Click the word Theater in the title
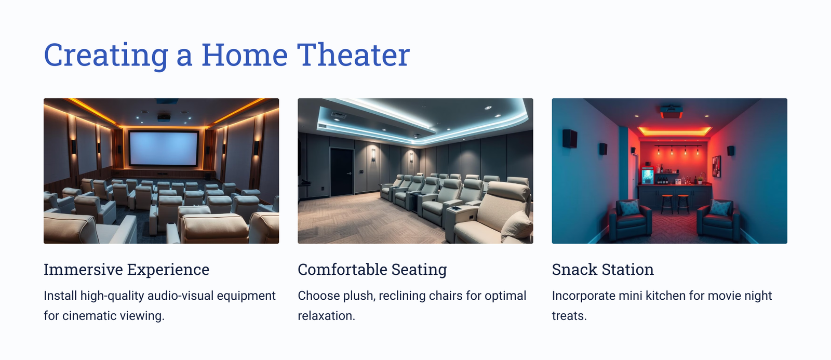coord(353,55)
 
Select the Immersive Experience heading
coord(127,270)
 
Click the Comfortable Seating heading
coord(372,270)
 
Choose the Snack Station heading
coord(603,270)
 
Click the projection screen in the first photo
coord(163,148)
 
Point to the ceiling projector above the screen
coord(164,117)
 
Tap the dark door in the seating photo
coord(341,171)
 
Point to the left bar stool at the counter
coord(667,204)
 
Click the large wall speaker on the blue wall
coord(569,138)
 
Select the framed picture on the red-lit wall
coord(716,166)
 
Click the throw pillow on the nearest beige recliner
coord(516,225)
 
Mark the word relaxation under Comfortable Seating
coord(327,316)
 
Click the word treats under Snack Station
coord(569,316)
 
